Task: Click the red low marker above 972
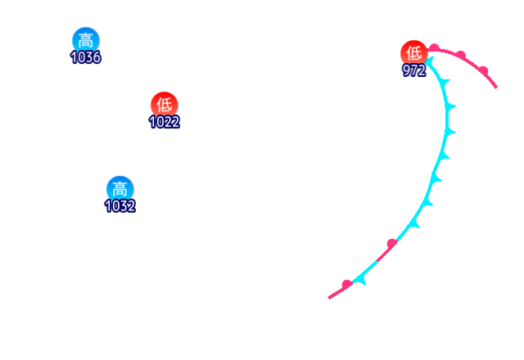pyautogui.click(x=414, y=52)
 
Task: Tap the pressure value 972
pyautogui.click(x=414, y=70)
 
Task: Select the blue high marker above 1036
pyautogui.click(x=86, y=40)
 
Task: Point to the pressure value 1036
pyautogui.click(x=86, y=57)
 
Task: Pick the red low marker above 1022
pyautogui.click(x=164, y=105)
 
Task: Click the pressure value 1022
pyautogui.click(x=165, y=122)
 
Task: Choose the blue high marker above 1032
pyautogui.click(x=120, y=188)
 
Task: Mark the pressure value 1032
pyautogui.click(x=120, y=205)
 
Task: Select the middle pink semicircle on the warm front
pyautogui.click(x=461, y=56)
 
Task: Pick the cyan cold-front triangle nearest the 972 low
pyautogui.click(x=442, y=83)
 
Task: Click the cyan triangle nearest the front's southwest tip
pyautogui.click(x=361, y=280)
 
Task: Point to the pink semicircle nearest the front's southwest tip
pyautogui.click(x=347, y=284)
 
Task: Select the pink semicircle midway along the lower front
pyautogui.click(x=391, y=243)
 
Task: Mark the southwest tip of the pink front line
pyautogui.click(x=329, y=297)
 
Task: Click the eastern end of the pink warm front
pyautogui.click(x=496, y=86)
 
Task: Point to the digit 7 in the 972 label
pyautogui.click(x=414, y=70)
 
